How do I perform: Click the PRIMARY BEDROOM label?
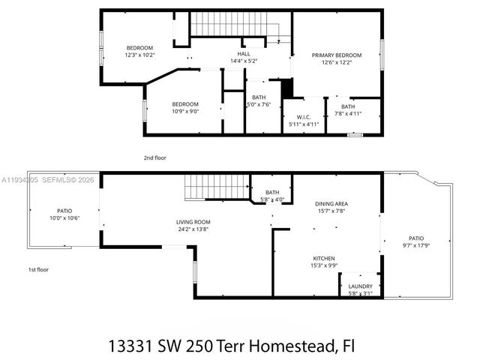(x=337, y=55)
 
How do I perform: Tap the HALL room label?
(x=244, y=54)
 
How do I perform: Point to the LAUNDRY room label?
(x=361, y=286)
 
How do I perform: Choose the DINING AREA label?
(x=331, y=204)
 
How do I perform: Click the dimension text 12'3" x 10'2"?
(x=139, y=55)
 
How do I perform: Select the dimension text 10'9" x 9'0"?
(x=185, y=111)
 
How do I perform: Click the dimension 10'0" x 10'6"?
(x=64, y=218)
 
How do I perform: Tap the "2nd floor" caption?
(x=154, y=158)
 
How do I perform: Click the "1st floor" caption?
(x=39, y=269)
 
